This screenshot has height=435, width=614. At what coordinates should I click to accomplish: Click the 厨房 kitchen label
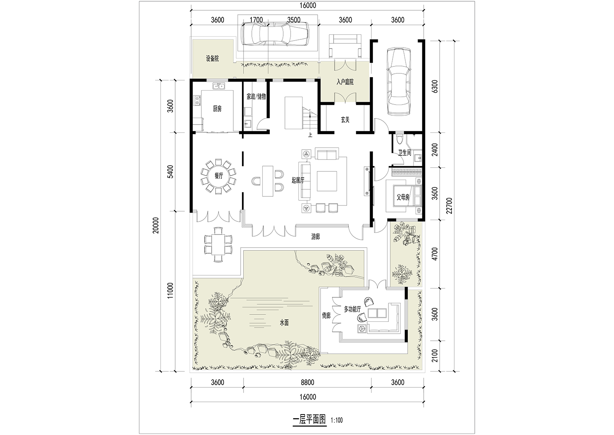[x=217, y=109]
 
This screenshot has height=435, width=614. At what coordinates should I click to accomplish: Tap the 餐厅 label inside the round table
[x=219, y=176]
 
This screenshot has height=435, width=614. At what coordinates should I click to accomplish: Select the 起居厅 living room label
[x=298, y=180]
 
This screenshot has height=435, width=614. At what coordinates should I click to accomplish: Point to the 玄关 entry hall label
[x=345, y=120]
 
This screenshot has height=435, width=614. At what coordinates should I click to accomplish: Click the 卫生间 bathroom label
[x=405, y=153]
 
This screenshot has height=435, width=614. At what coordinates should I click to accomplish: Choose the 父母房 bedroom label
[x=403, y=197]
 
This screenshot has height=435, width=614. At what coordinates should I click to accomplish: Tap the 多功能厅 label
[x=352, y=309]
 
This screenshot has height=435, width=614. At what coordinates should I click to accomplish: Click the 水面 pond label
[x=284, y=323]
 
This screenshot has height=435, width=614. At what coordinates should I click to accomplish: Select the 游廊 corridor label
[x=316, y=237]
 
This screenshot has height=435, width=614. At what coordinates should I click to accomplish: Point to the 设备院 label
[x=212, y=59]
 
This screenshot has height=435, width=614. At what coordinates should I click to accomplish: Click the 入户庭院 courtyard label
[x=345, y=82]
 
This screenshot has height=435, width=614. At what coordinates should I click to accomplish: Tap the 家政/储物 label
[x=256, y=96]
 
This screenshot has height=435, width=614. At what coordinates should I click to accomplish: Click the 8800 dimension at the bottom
[x=307, y=382]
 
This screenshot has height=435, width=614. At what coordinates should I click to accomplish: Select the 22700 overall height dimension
[x=449, y=206]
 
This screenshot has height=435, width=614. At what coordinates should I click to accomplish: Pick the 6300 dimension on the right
[x=435, y=87]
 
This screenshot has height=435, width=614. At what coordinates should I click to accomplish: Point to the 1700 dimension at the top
[x=256, y=20]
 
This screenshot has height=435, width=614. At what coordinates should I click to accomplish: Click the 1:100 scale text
[x=337, y=420]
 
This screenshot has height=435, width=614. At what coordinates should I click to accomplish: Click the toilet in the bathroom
[x=400, y=139]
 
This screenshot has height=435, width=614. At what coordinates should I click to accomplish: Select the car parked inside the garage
[x=399, y=82]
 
